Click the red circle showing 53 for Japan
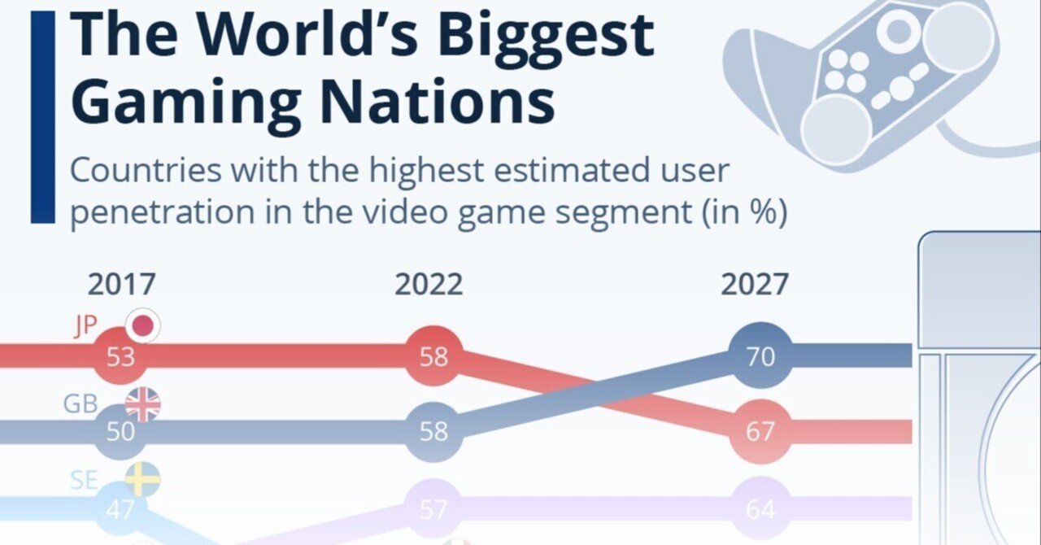[x=120, y=357]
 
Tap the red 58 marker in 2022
[x=433, y=356]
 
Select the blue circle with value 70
[x=760, y=356]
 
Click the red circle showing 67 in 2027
[x=760, y=431]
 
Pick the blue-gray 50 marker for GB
[x=120, y=431]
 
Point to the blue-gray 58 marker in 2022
[x=433, y=431]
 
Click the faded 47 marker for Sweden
[x=120, y=510]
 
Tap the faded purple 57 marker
[x=433, y=510]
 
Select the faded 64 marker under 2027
[x=760, y=510]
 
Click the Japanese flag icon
[x=143, y=327]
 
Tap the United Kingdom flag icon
[x=143, y=404]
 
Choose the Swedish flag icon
[x=143, y=481]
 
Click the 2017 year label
[x=121, y=286]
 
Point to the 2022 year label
[x=429, y=286]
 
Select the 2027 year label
[x=754, y=286]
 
